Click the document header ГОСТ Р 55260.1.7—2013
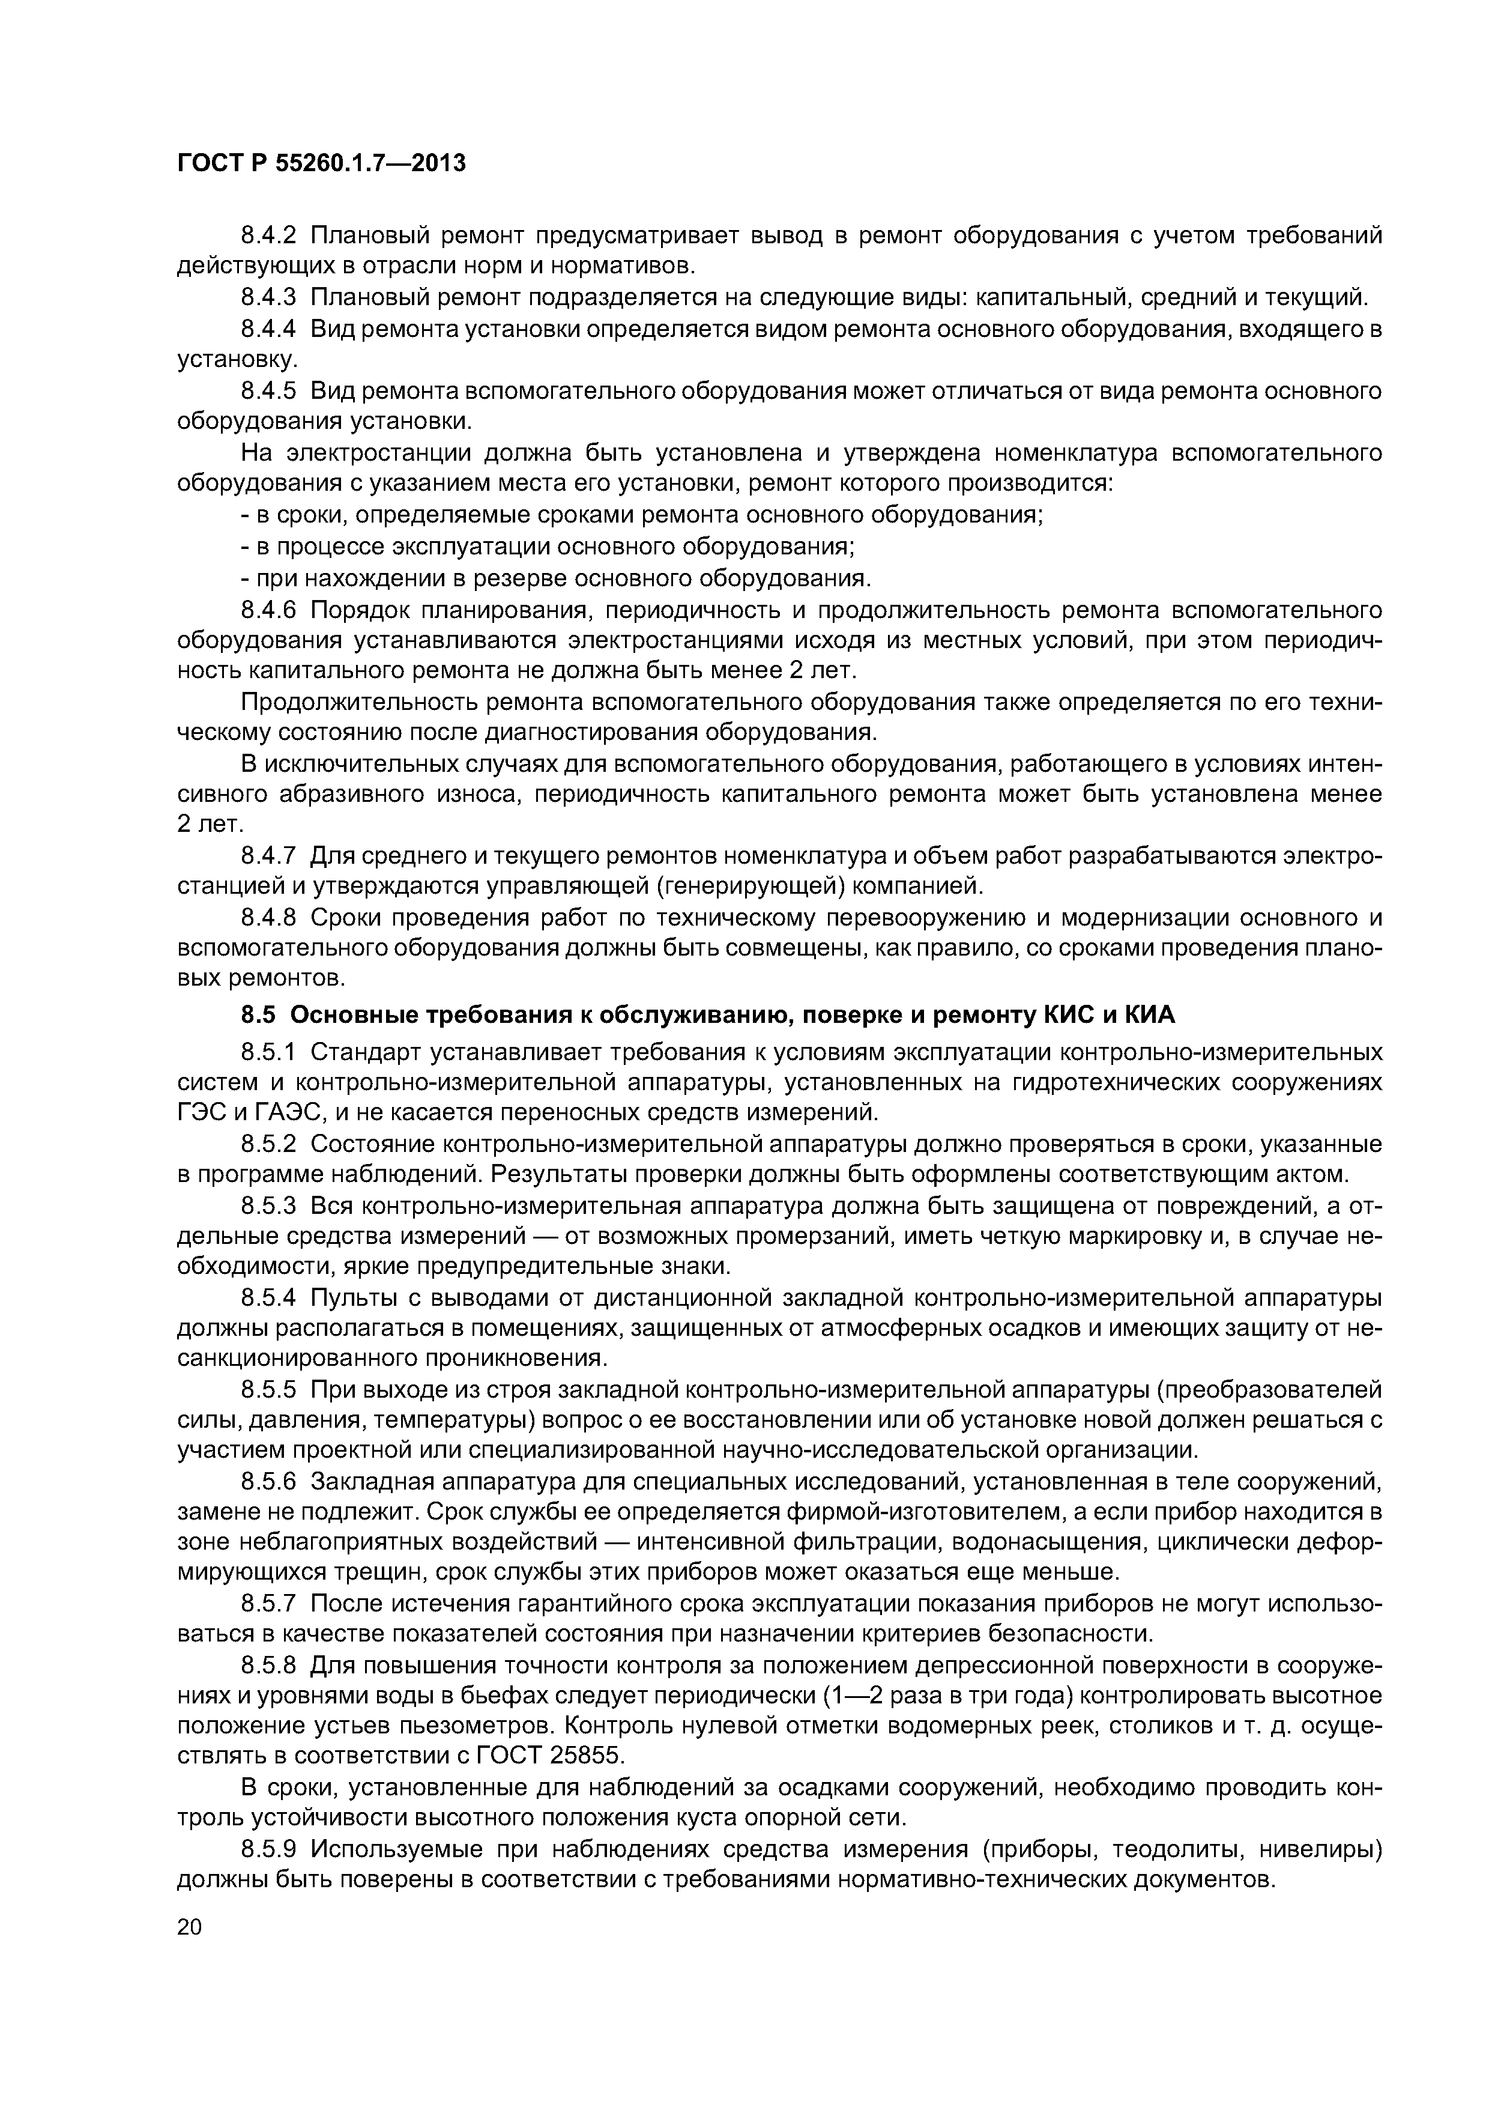321,164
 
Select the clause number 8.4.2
269,236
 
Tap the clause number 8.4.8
269,918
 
